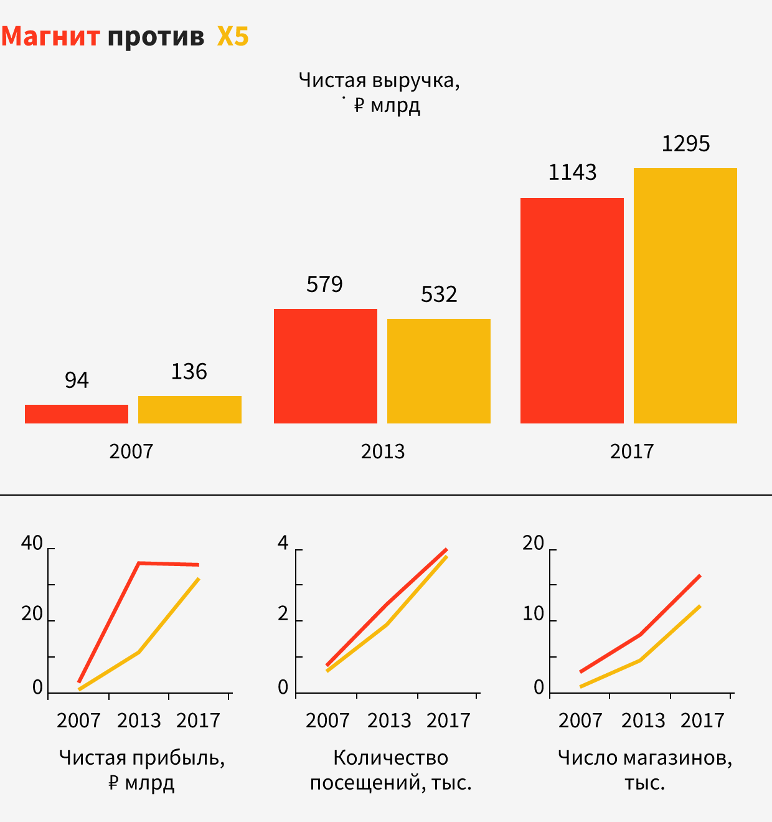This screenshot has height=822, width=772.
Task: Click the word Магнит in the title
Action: (x=50, y=37)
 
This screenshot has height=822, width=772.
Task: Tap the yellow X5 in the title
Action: (x=233, y=37)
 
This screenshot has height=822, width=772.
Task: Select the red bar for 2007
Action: (x=77, y=414)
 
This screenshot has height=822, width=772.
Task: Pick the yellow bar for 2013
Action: (x=439, y=371)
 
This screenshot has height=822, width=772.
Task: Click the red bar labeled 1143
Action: (x=572, y=311)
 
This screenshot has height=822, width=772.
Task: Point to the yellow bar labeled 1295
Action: (x=685, y=296)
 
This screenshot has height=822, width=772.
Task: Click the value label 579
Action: (x=324, y=285)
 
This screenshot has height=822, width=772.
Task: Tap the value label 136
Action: (x=189, y=372)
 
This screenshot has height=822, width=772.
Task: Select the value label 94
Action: (x=77, y=380)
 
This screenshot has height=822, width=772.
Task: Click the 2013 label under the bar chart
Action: (x=383, y=451)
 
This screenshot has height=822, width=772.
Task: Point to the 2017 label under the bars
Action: (x=632, y=451)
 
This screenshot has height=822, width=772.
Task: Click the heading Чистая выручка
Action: (x=379, y=81)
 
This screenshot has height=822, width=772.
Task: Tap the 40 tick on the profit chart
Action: (x=32, y=544)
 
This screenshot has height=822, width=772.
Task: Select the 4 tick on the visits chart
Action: (x=283, y=544)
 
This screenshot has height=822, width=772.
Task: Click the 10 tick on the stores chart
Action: (x=534, y=615)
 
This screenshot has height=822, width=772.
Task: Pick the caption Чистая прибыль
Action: (x=142, y=758)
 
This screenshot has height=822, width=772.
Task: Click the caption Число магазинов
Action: (x=644, y=758)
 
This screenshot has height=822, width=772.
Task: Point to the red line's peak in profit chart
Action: (x=139, y=563)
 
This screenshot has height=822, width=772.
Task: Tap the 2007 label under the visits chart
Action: (x=327, y=720)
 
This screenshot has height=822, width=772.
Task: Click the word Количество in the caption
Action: (x=391, y=758)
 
